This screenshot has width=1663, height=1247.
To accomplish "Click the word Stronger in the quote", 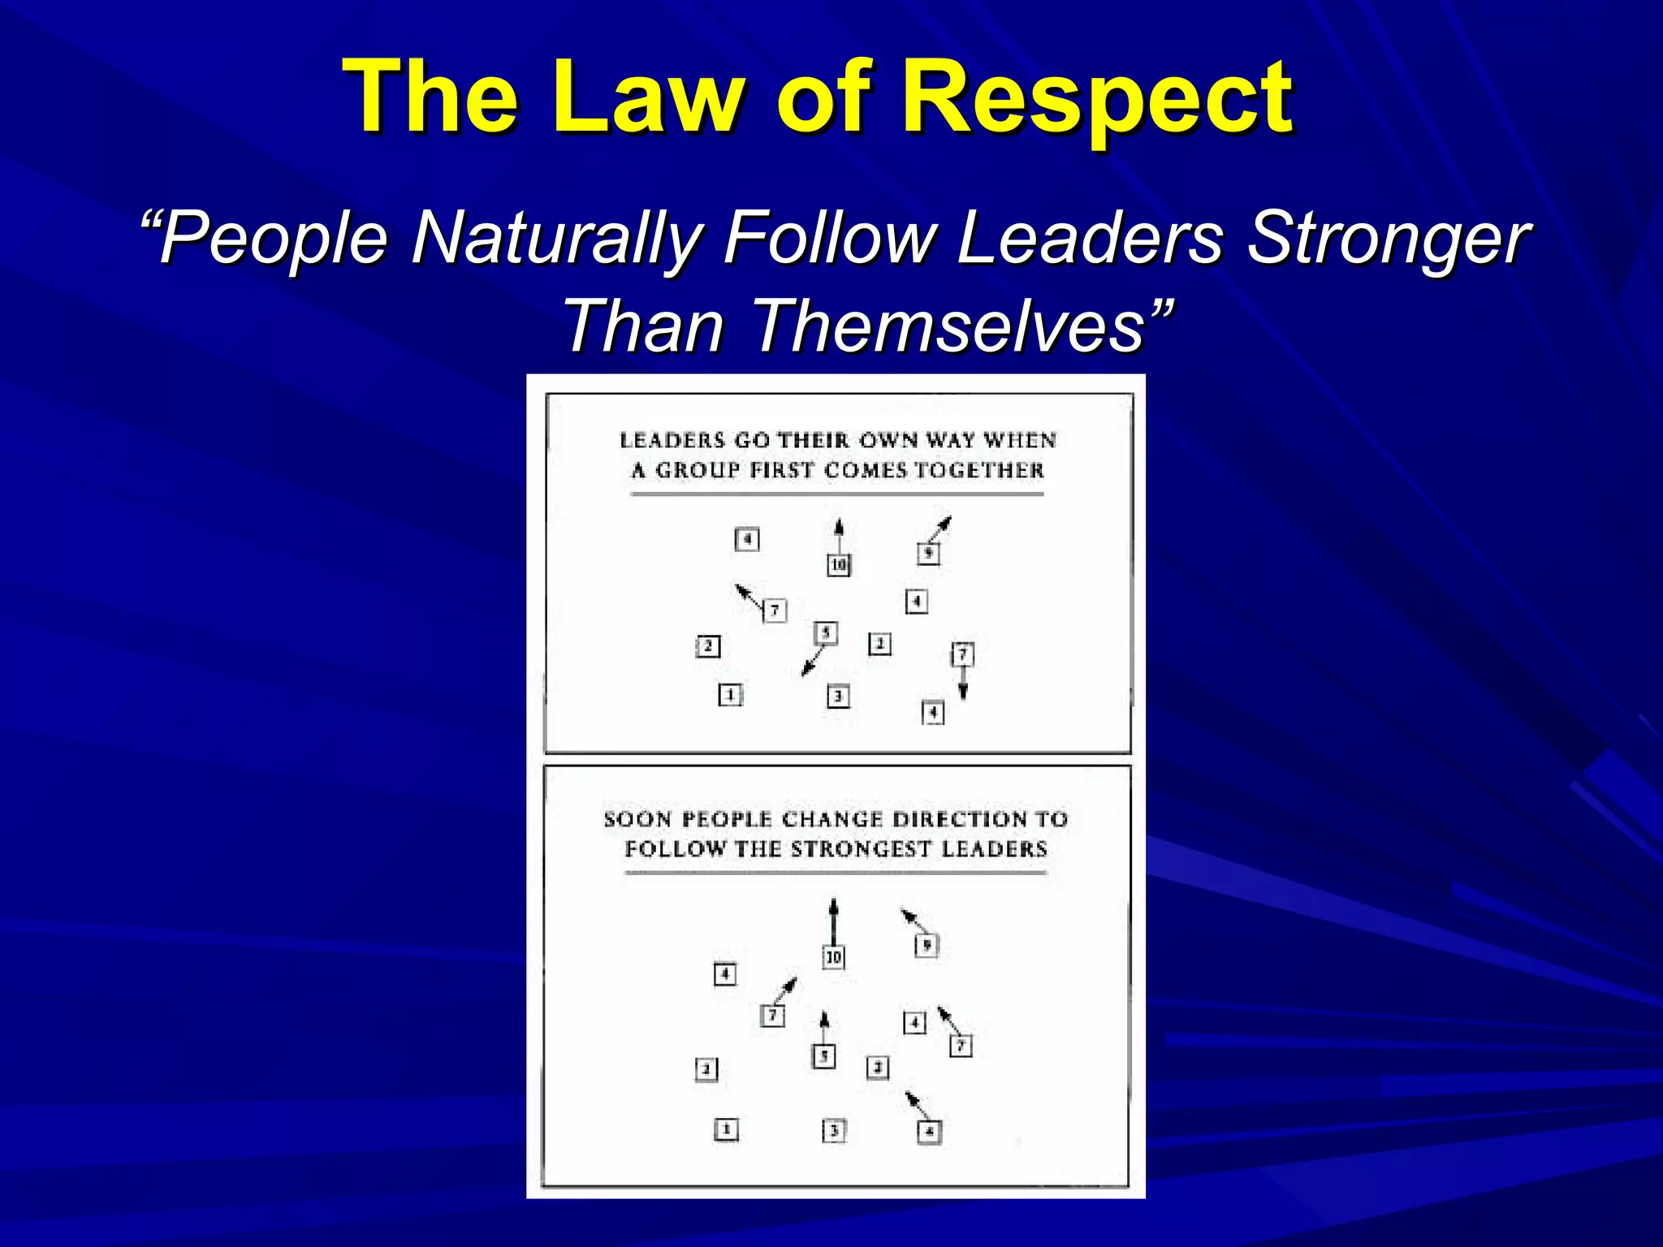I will point(1388,238).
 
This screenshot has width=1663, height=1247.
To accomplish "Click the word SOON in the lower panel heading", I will point(637,819).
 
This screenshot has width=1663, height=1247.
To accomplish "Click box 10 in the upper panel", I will point(839,564).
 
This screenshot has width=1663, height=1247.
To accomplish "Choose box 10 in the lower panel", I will point(833,957).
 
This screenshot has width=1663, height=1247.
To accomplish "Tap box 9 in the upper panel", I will point(928,554).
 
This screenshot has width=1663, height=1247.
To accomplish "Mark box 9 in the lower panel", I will point(927,945).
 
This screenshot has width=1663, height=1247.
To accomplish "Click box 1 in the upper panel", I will point(730,695).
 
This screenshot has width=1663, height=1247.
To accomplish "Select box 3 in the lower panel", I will point(834,1130).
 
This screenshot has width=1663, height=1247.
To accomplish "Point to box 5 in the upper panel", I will point(826,632).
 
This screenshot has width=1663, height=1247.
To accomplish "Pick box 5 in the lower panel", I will point(823,1056).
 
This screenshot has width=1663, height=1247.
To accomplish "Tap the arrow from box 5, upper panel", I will point(813,660).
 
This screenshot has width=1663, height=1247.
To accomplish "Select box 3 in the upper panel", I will point(838,697).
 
